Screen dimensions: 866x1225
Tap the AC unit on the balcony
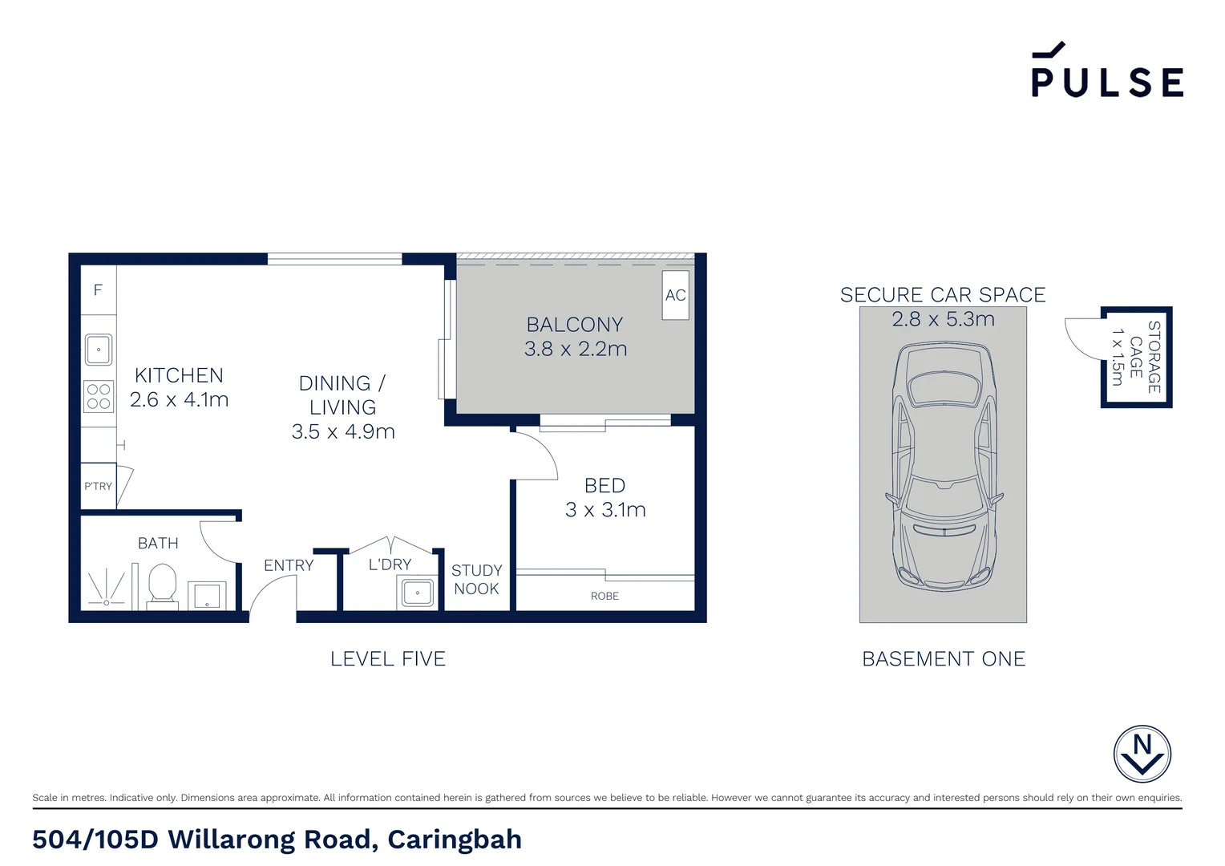pos(675,295)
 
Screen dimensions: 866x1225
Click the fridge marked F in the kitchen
pos(98,290)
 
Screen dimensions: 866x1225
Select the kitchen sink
pos(99,350)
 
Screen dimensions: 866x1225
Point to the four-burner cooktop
pos(99,396)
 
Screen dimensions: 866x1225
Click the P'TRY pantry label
pos(98,486)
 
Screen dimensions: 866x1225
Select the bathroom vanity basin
pos(207,596)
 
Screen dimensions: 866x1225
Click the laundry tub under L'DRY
pos(417,594)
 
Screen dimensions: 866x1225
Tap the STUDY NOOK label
pos(476,580)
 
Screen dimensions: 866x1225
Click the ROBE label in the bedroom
pos(604,596)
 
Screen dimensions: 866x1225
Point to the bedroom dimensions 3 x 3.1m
pos(605,510)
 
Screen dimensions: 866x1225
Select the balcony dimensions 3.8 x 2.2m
pos(576,349)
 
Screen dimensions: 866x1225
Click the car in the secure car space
pos(944,465)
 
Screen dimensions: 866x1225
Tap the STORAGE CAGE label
pos(1145,357)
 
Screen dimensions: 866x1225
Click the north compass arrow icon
pos(1142,754)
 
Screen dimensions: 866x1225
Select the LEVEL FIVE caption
pos(388,659)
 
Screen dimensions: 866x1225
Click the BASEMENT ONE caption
pos(944,659)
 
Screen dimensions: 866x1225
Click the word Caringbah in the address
pos(455,840)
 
